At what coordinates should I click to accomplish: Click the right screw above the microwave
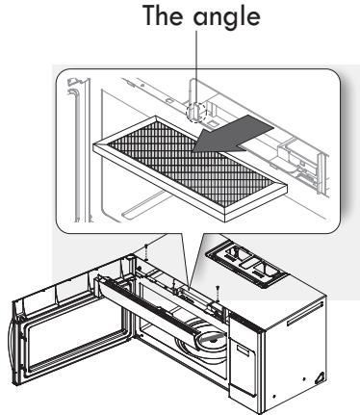click(220, 288)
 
